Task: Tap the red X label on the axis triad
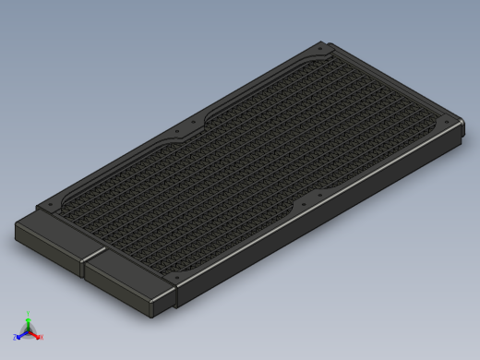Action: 41,337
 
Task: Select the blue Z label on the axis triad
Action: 16,337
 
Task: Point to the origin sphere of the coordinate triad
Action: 28,330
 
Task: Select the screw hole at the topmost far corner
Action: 319,47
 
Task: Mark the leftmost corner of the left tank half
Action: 16,227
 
